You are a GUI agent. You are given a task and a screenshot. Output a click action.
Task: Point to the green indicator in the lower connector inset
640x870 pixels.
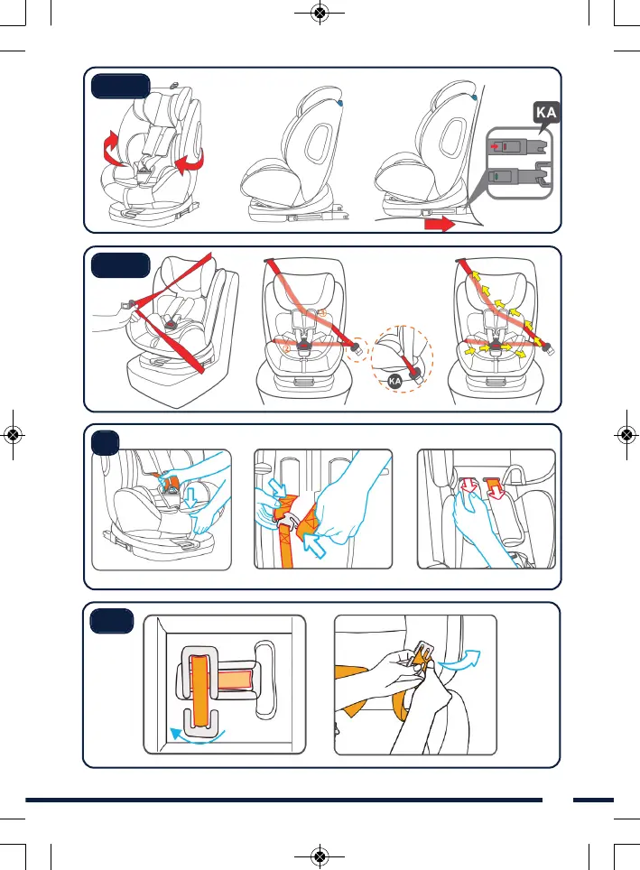coord(493,178)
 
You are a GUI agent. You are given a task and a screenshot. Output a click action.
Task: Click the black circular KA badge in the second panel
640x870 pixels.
coord(394,383)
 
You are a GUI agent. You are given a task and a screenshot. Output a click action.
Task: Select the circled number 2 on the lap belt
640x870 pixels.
coord(285,348)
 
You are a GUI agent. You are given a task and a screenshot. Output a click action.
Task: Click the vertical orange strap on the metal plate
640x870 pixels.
coord(200,690)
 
